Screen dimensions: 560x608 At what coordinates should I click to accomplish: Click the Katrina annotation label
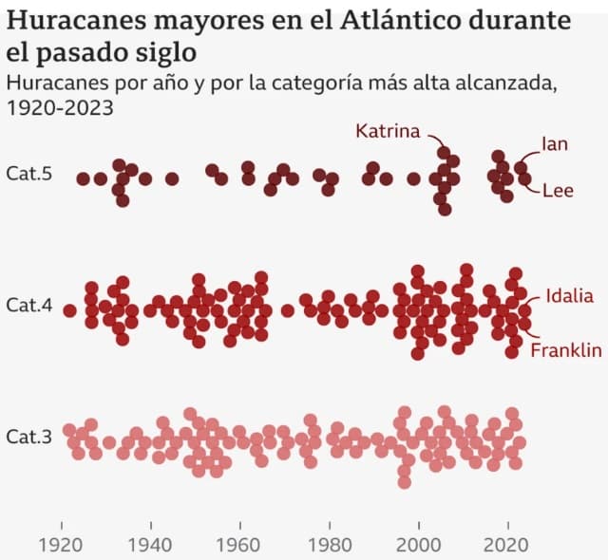click(388, 131)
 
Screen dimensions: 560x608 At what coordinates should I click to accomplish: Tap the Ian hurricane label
click(555, 144)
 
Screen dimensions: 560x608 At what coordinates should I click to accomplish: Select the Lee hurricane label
click(558, 190)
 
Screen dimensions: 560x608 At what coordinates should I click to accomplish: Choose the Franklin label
click(566, 350)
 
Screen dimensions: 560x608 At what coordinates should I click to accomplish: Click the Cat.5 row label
click(28, 175)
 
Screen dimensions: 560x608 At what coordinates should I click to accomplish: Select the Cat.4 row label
click(28, 306)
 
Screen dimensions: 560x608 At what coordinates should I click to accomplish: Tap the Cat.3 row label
click(28, 437)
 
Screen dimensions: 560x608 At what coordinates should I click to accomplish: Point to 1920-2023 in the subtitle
click(59, 107)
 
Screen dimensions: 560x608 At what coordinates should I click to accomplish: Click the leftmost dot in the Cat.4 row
click(69, 309)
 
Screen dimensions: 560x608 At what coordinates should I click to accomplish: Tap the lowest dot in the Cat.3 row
click(405, 482)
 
